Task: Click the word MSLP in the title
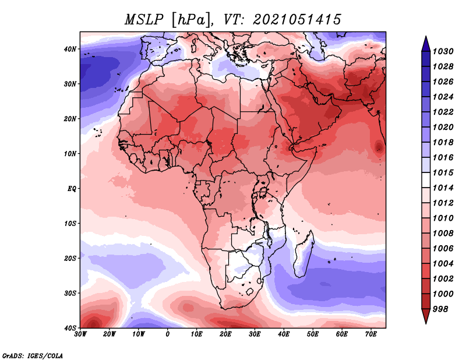point(144,20)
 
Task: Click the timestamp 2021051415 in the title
point(296,20)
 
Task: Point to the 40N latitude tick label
point(70,49)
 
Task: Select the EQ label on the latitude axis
point(72,189)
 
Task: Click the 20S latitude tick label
point(70,258)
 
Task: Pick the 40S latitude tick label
point(70,328)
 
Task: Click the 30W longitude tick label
point(80,334)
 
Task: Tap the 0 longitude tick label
point(168,334)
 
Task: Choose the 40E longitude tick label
point(284,334)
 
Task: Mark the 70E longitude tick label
point(371,334)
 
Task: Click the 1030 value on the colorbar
point(443,51)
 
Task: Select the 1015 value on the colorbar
point(443,172)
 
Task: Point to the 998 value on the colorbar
point(440,309)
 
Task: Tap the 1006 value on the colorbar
point(443,249)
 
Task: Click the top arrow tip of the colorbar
point(426,36)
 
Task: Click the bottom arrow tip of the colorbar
point(426,323)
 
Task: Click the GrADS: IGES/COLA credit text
point(33,355)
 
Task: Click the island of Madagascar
point(304,254)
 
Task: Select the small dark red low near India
point(379,147)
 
